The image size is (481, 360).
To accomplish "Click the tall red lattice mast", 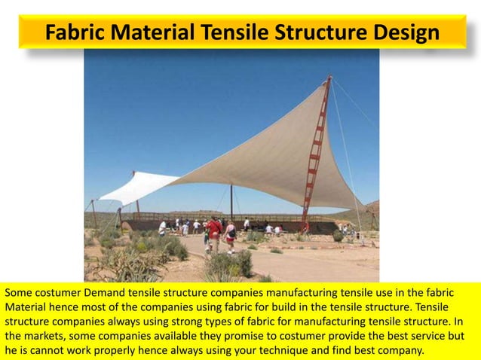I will click(316, 151).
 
